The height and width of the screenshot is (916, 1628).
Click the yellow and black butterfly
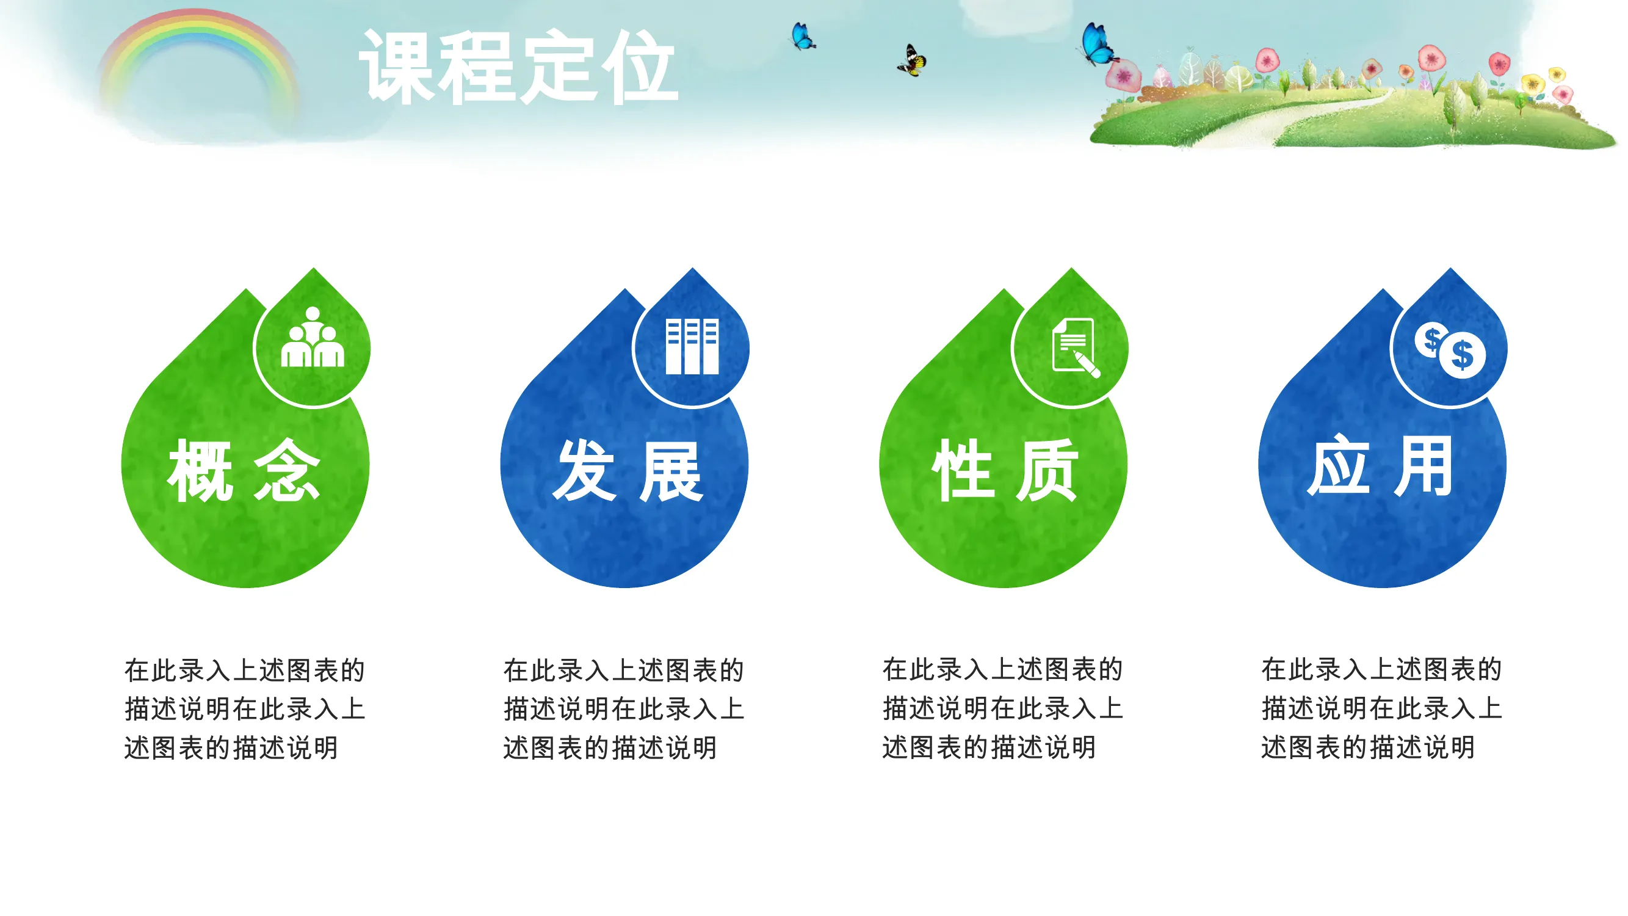click(912, 60)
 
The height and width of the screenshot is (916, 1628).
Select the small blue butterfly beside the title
click(803, 36)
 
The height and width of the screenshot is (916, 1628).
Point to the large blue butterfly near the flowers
click(1098, 44)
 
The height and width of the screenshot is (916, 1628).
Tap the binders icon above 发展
click(692, 346)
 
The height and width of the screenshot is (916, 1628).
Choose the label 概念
click(244, 470)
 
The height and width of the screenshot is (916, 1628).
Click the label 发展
click(627, 470)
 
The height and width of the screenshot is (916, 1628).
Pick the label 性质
click(1005, 470)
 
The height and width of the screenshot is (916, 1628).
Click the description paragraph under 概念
click(245, 708)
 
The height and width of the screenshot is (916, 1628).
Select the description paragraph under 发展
click(624, 708)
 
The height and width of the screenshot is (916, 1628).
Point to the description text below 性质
click(1002, 708)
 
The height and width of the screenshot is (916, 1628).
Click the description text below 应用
click(1381, 708)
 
